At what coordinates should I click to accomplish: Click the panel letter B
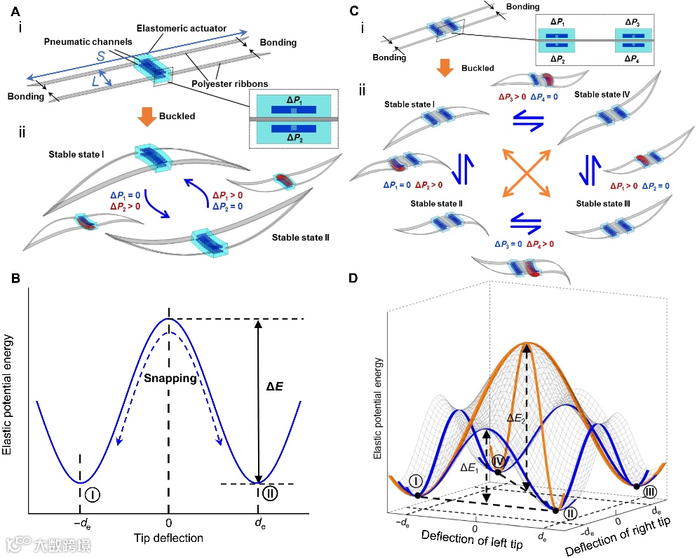(16, 278)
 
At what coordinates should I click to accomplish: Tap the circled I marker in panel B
(92, 494)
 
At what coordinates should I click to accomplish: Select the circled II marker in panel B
(272, 494)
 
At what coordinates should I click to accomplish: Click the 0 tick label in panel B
(168, 523)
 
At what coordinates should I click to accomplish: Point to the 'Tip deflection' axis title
(168, 538)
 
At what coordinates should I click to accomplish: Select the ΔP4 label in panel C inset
(630, 60)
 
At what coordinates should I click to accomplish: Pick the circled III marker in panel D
(650, 491)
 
